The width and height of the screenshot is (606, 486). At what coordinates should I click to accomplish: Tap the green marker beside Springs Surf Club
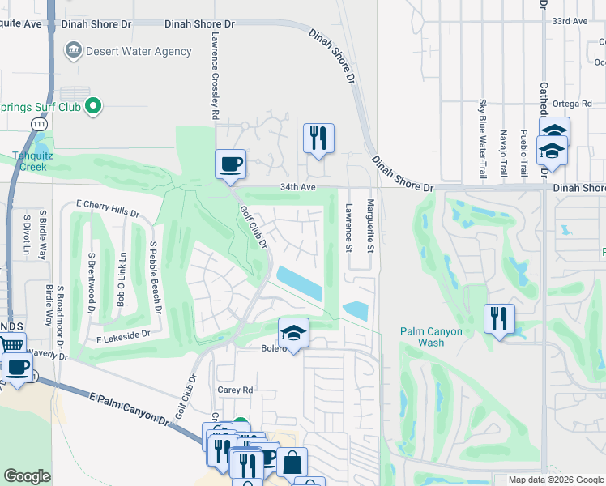coord(94,104)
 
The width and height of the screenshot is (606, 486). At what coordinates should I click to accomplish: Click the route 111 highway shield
coord(38,123)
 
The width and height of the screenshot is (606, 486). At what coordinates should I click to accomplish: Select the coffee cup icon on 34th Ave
coord(229,164)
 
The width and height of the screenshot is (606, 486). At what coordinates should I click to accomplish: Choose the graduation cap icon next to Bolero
coord(293,331)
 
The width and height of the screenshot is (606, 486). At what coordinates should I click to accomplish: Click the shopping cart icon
coord(11,345)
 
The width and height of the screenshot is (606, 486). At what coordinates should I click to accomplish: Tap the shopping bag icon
coord(292,463)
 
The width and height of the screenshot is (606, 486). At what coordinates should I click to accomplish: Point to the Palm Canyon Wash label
coord(432,337)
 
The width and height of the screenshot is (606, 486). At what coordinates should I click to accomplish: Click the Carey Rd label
coord(235,390)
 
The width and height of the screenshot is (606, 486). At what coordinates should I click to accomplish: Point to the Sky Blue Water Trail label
coord(482,139)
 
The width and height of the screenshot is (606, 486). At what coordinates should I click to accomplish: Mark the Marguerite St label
coord(369,226)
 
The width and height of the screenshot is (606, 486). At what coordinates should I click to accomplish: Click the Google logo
coord(27,476)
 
